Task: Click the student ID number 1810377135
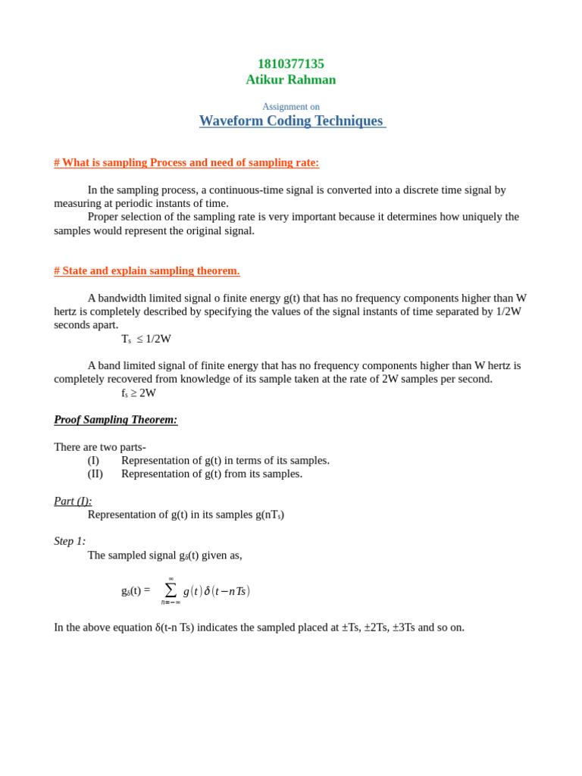tap(290, 64)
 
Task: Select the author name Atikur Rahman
tap(290, 80)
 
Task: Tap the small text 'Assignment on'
tap(290, 107)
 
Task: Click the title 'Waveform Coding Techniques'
tap(292, 121)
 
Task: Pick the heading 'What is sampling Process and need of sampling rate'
tap(186, 162)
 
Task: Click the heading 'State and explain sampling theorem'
tap(147, 271)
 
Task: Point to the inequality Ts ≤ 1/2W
tap(146, 339)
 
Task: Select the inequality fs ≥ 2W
tap(139, 393)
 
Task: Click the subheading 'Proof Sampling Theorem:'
tap(115, 419)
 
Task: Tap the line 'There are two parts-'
tap(100, 447)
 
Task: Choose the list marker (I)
tap(93, 460)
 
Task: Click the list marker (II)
tap(95, 474)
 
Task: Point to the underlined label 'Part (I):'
tap(73, 501)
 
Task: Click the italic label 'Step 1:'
tap(70, 541)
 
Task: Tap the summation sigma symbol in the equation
tap(171, 590)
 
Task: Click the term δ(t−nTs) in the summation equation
tap(227, 591)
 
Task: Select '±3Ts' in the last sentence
tap(404, 627)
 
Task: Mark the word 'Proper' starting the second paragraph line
tap(105, 217)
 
